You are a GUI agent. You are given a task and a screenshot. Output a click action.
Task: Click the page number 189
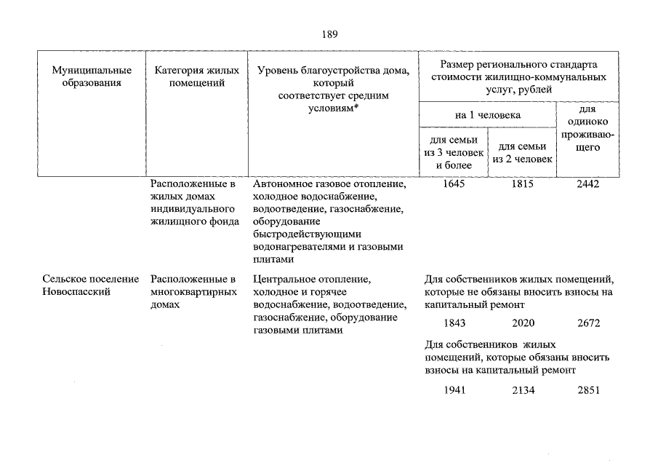pyautogui.click(x=329, y=34)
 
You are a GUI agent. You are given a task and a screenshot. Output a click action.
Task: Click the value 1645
pyautogui.click(x=454, y=184)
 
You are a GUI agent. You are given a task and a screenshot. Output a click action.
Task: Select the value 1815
pyautogui.click(x=522, y=184)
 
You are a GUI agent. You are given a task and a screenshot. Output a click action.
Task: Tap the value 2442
pyautogui.click(x=587, y=184)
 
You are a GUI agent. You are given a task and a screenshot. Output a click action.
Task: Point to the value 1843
pyautogui.click(x=454, y=323)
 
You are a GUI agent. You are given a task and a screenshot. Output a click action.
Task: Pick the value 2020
pyautogui.click(x=523, y=323)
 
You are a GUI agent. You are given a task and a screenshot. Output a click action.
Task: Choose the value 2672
pyautogui.click(x=588, y=323)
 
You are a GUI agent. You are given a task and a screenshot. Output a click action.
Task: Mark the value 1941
pyautogui.click(x=454, y=390)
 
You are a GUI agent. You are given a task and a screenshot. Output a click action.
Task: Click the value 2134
pyautogui.click(x=523, y=390)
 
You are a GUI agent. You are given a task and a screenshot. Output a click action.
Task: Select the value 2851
pyautogui.click(x=588, y=390)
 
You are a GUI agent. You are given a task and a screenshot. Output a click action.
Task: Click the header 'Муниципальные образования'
pyautogui.click(x=92, y=76)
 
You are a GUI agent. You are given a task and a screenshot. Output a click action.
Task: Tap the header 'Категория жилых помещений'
pyautogui.click(x=196, y=76)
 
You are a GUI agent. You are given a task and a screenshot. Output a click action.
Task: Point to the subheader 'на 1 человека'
pyautogui.click(x=488, y=114)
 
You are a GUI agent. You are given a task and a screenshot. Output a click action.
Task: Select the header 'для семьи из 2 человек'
pyautogui.click(x=523, y=153)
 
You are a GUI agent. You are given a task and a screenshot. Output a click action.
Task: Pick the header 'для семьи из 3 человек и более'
pyautogui.click(x=454, y=153)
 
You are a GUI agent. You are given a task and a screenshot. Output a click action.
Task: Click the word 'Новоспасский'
pyautogui.click(x=76, y=292)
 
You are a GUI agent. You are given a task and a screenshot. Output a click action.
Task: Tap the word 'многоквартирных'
pyautogui.click(x=194, y=292)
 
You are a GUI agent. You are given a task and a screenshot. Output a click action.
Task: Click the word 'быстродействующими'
pyautogui.click(x=302, y=234)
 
